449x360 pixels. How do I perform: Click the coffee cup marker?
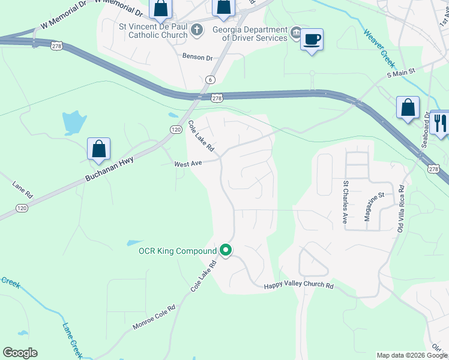(312, 40)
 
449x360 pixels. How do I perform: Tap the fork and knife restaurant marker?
(441, 123)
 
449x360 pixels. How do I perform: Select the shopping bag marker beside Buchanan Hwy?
(98, 149)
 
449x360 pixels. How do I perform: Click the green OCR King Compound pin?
(226, 250)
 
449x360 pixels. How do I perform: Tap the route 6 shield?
(209, 79)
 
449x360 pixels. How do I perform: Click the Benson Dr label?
(197, 58)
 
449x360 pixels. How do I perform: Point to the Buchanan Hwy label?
(109, 170)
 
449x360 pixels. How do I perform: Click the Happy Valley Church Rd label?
(298, 286)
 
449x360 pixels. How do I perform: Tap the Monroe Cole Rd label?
(154, 317)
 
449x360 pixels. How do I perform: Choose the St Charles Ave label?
(345, 202)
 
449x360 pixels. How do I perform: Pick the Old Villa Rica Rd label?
(401, 209)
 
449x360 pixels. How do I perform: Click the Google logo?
(20, 353)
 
